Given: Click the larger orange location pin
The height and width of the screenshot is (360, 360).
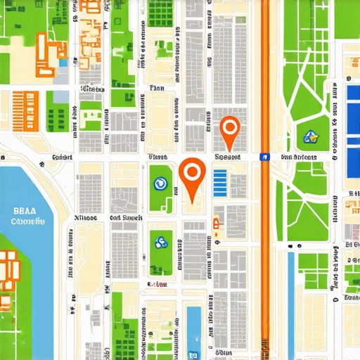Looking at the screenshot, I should click(192, 173).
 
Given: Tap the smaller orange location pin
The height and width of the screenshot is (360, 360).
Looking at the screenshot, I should click(230, 129).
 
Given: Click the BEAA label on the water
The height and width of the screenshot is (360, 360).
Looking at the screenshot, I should click(28, 209).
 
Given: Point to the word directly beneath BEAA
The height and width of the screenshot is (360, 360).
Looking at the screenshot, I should click(28, 221).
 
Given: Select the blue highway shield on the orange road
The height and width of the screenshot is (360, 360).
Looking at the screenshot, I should click(264, 157).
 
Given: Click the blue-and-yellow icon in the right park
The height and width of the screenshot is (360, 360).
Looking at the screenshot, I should click(307, 137).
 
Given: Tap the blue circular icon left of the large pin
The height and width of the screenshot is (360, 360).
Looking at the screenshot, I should click(160, 184).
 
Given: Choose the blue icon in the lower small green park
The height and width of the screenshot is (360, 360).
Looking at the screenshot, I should click(160, 243).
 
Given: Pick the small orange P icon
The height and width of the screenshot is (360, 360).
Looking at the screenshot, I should click(216, 224).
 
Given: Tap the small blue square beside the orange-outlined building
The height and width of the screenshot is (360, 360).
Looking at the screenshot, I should click(64, 63).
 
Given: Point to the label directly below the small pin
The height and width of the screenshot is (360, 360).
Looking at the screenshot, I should click(228, 157).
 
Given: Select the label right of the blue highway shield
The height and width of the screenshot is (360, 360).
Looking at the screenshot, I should click(298, 157).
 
